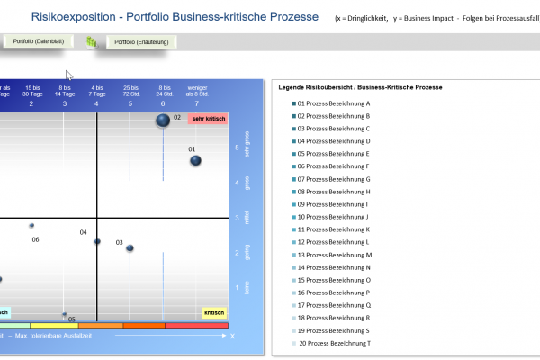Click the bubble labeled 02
click(163, 120)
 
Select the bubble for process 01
click(195, 160)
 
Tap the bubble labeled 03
click(130, 247)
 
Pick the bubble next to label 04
click(97, 241)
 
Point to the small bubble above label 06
click(31, 226)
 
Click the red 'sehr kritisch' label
click(208, 119)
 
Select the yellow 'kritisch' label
click(213, 312)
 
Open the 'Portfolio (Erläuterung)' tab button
click(140, 42)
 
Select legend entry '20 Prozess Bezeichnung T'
click(335, 343)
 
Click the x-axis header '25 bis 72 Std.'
click(130, 91)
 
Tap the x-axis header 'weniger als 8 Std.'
click(196, 91)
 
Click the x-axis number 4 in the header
click(97, 103)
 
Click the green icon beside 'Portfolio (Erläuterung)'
click(91, 42)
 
